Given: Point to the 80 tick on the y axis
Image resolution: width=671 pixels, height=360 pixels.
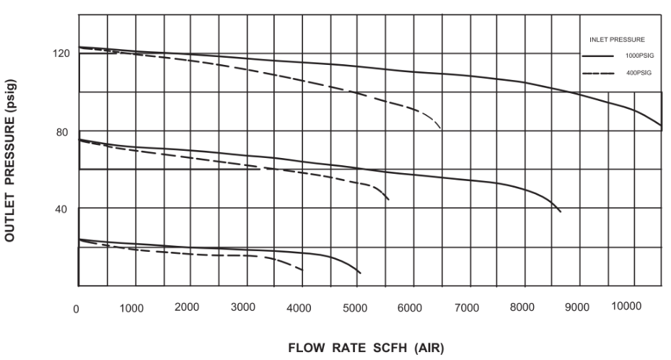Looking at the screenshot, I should tap(63, 132).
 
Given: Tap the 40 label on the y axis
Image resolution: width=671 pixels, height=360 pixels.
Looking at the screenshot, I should tap(63, 209).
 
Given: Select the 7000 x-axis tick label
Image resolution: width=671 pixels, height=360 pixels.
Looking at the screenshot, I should tap(466, 308).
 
